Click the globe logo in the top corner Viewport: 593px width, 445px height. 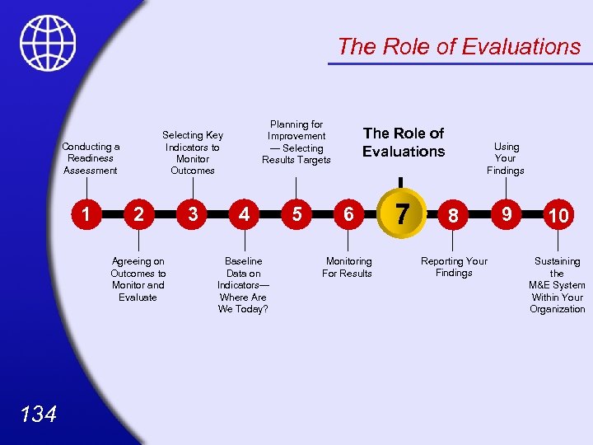point(49,44)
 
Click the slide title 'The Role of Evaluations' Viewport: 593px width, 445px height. point(459,47)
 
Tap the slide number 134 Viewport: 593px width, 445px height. point(39,414)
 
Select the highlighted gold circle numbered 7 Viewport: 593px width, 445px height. point(401,213)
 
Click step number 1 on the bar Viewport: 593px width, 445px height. point(86,214)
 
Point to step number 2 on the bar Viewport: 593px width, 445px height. point(139,214)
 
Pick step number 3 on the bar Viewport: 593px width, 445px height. point(192,214)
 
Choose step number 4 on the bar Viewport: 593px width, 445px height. point(244,214)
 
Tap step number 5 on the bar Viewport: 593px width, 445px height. point(296,214)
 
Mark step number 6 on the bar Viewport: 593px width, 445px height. point(348,214)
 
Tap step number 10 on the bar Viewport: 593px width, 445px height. point(558,216)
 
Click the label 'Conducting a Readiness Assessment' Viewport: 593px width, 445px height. point(91,158)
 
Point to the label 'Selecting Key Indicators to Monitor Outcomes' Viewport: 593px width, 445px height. point(192,152)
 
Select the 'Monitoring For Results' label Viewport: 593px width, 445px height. point(348,267)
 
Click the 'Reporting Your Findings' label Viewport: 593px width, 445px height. point(454,267)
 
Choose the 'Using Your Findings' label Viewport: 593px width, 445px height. point(506,158)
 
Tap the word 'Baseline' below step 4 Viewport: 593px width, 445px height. point(243,261)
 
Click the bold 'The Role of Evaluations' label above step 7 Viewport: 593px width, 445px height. point(404,142)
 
